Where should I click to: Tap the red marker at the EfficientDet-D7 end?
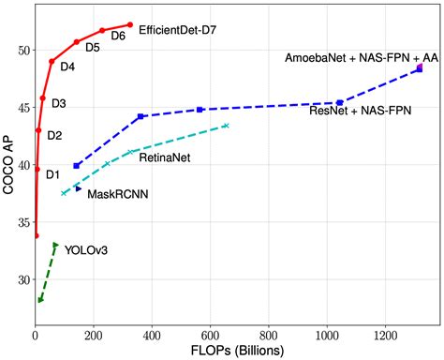(x=130, y=24)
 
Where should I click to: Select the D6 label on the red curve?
(x=118, y=36)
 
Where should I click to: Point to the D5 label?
(x=93, y=47)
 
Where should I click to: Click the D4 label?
(x=68, y=67)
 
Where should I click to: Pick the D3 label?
(x=58, y=103)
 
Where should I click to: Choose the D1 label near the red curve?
(x=52, y=173)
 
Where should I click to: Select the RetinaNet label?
(x=165, y=157)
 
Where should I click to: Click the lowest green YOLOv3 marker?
(x=40, y=300)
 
